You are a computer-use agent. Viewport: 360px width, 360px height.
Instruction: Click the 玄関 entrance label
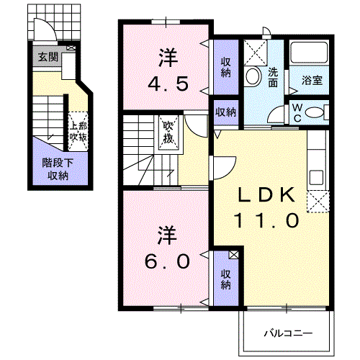(48, 57)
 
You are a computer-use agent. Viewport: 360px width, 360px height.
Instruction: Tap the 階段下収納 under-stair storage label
(58, 169)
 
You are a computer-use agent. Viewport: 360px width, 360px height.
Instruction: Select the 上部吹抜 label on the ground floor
(78, 132)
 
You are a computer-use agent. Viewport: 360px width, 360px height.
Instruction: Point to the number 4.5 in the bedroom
(168, 84)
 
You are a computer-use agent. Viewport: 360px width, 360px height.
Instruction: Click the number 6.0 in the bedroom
(167, 261)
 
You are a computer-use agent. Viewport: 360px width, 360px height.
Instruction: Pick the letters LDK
(266, 194)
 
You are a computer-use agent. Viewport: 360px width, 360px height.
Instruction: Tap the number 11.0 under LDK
(266, 220)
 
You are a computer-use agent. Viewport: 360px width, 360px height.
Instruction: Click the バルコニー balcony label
(288, 333)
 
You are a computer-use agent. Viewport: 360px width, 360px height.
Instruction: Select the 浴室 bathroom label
(312, 80)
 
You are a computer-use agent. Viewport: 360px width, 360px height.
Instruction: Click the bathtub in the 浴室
(309, 53)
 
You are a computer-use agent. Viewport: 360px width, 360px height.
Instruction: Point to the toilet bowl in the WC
(314, 112)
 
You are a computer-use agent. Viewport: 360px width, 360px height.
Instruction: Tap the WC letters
(297, 113)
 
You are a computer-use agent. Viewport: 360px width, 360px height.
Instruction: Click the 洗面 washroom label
(273, 77)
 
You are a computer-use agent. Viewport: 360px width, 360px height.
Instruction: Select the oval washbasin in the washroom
(253, 76)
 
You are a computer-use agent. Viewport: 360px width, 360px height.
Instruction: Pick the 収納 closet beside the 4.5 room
(226, 67)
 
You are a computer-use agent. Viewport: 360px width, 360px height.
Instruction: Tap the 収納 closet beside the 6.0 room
(226, 279)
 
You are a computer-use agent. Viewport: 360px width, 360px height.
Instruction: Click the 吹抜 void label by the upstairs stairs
(168, 132)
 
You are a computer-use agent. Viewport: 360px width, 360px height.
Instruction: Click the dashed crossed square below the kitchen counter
(318, 202)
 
